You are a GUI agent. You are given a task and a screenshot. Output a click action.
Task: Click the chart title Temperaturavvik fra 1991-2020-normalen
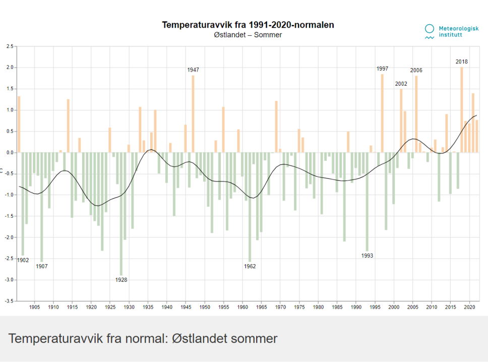(x=248, y=25)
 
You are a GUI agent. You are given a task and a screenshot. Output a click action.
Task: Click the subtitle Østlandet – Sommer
(x=248, y=35)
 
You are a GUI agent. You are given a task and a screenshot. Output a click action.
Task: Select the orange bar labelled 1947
(x=193, y=113)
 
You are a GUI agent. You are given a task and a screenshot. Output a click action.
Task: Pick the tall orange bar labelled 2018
(x=461, y=109)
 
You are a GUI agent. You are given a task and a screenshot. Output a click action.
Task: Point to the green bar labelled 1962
(x=250, y=207)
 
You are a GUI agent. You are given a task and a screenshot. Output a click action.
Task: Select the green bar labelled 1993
(x=367, y=201)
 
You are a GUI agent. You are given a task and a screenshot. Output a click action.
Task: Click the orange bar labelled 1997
(x=382, y=113)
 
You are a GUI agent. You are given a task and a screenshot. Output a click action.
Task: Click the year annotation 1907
(x=41, y=266)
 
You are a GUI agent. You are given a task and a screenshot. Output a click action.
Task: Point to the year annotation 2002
(x=401, y=84)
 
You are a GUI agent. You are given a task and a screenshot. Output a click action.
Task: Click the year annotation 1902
(x=23, y=260)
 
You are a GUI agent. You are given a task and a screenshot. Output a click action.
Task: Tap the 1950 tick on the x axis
(x=205, y=307)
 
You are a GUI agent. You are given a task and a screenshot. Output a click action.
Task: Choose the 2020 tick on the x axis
(x=469, y=307)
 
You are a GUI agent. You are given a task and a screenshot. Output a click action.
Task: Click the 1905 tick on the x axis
(x=34, y=307)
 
